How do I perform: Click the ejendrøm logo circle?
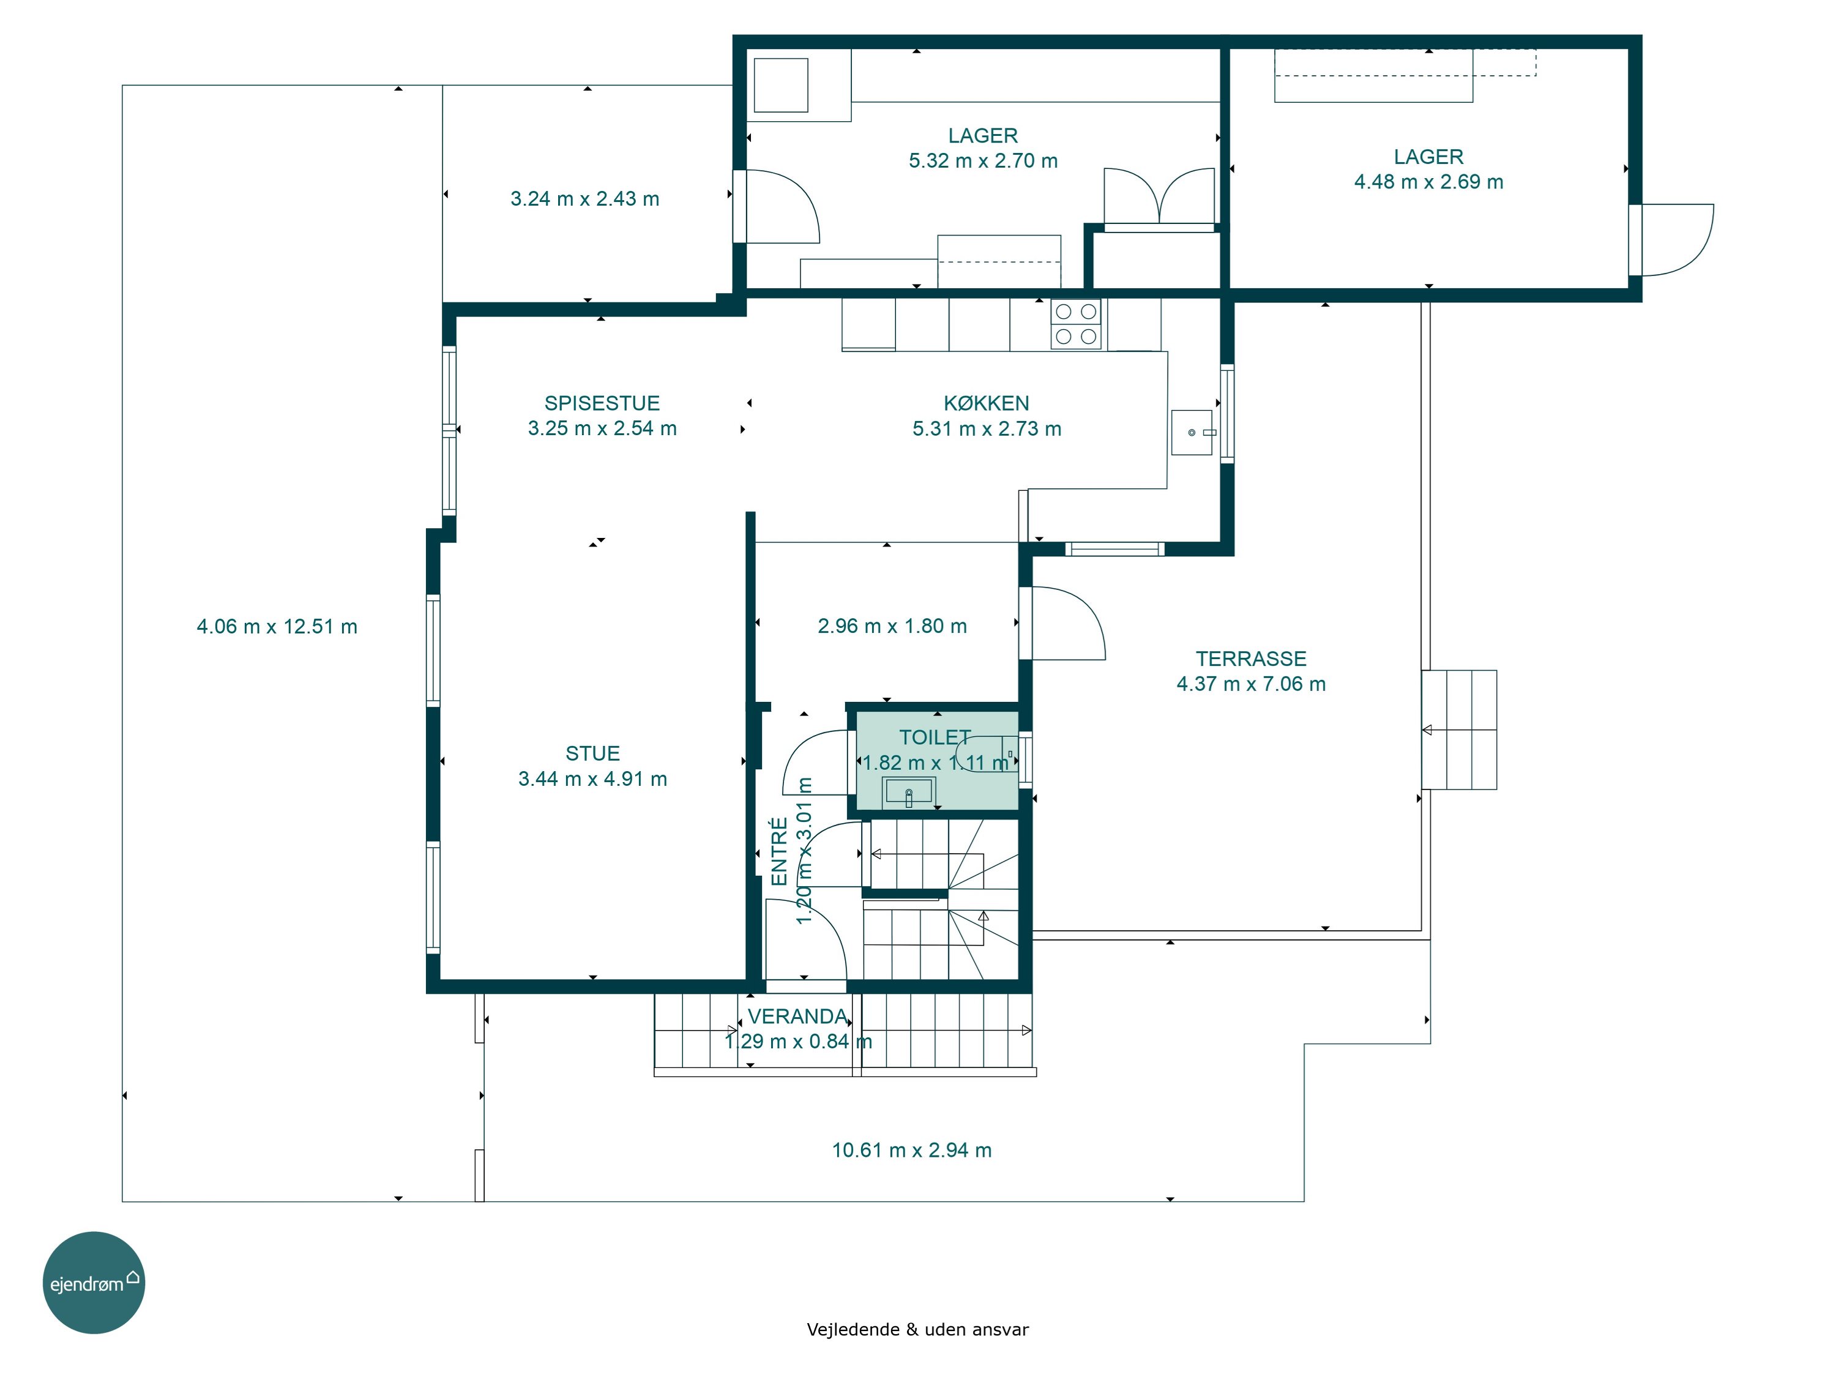[x=94, y=1282]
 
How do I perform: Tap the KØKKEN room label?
[x=986, y=403]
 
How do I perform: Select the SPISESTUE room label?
[x=602, y=403]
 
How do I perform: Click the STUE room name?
[x=592, y=753]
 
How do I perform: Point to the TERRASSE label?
[x=1251, y=659]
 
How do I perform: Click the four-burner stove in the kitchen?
[x=1076, y=324]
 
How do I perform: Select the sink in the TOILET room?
[x=908, y=792]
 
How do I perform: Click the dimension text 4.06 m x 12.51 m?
[x=277, y=627]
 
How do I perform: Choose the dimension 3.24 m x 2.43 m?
[x=585, y=199]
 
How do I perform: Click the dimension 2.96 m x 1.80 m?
[x=892, y=626]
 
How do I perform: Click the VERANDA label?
[x=797, y=1017]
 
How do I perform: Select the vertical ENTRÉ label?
[x=780, y=852]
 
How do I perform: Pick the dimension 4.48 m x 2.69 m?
[x=1428, y=182]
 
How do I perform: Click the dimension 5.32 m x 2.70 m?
[x=983, y=161]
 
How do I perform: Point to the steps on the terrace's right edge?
[x=1459, y=730]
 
